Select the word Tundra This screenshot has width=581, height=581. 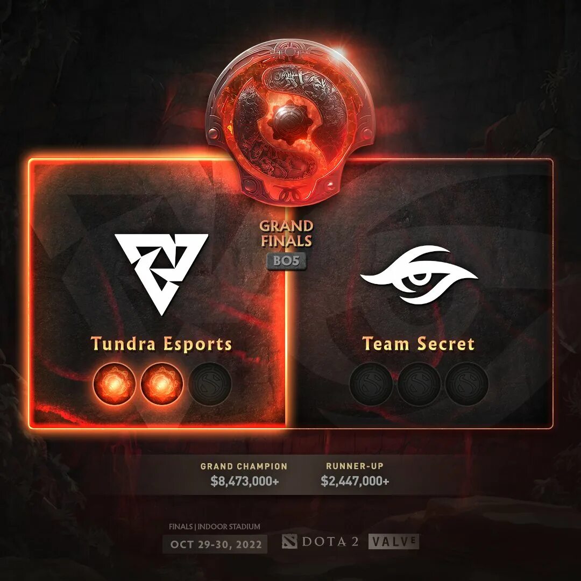click(x=120, y=343)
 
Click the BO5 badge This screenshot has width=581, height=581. click(x=287, y=261)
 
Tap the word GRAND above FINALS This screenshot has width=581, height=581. click(x=287, y=226)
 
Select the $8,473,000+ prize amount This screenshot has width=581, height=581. click(x=245, y=481)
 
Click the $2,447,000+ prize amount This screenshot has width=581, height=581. click(x=355, y=481)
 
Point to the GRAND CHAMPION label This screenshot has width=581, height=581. click(x=244, y=466)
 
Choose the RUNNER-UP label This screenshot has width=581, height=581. click(x=355, y=466)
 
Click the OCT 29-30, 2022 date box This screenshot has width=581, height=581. click(x=215, y=544)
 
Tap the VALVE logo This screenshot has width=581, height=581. click(x=393, y=541)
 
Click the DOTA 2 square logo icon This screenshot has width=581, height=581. click(x=289, y=542)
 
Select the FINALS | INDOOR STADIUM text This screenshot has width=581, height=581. click(x=214, y=527)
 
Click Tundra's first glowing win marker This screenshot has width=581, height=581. click(x=114, y=384)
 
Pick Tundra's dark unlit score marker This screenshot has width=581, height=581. click(x=209, y=384)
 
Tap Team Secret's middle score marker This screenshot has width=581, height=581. click(x=419, y=384)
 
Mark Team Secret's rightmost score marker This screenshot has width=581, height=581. click(x=466, y=384)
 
